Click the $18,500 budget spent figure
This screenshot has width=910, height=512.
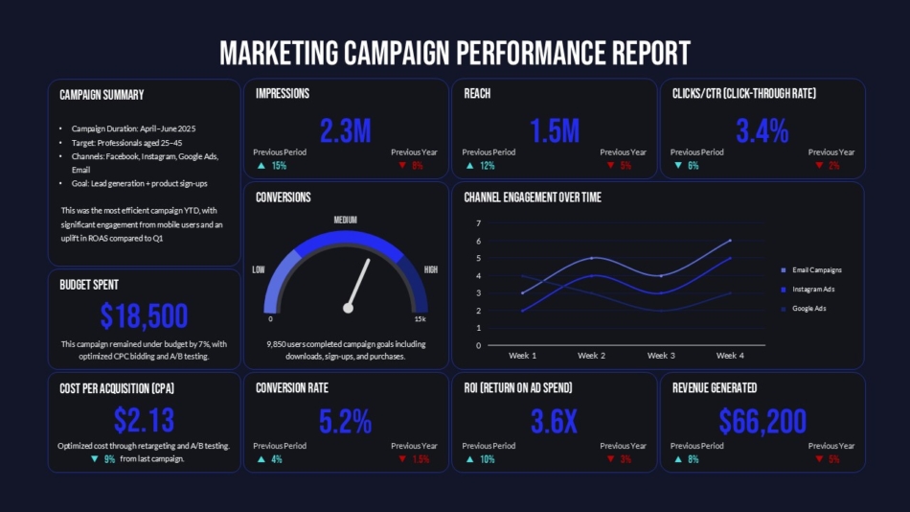(144, 315)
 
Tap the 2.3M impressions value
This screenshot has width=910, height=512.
(346, 131)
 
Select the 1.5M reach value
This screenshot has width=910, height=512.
(555, 131)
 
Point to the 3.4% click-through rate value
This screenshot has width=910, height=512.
(762, 131)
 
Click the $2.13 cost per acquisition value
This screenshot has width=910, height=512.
(144, 420)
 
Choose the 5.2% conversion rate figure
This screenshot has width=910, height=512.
(346, 421)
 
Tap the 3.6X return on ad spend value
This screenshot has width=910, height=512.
(555, 421)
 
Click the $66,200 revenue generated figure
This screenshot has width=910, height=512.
(762, 421)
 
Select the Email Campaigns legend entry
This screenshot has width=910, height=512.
(816, 270)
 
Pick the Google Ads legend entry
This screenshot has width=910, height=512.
(808, 309)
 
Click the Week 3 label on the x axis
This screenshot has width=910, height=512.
(661, 356)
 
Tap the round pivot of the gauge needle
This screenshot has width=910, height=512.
(349, 308)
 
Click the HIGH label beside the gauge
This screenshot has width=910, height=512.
(431, 270)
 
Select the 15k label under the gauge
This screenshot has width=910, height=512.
(420, 319)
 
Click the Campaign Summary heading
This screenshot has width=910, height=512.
(102, 95)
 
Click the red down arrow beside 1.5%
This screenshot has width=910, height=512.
(402, 460)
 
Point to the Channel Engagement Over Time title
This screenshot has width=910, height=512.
(533, 198)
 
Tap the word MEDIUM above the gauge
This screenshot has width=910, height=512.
(345, 221)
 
